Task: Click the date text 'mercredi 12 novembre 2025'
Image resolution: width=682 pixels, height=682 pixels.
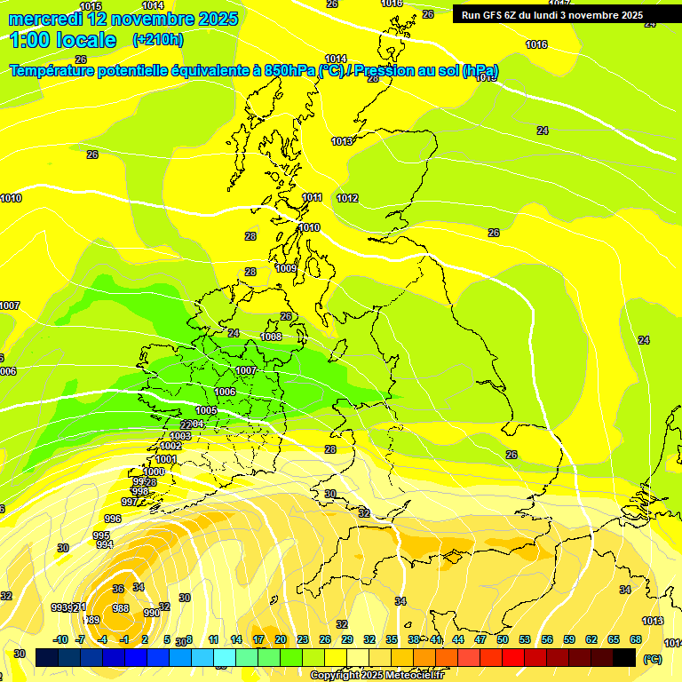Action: pos(123,19)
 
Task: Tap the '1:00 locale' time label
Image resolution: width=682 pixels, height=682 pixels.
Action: pos(63,40)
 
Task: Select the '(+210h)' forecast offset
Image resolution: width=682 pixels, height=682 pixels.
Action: pos(157,40)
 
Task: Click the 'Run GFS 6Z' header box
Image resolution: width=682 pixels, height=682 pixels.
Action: pos(551,15)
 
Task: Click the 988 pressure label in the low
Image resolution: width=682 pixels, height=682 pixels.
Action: pos(121,608)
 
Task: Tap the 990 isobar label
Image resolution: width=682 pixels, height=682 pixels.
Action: pos(152,613)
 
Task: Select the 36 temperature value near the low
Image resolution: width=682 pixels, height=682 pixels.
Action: pos(118,589)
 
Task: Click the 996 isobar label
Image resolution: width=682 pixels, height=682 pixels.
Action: pos(113,519)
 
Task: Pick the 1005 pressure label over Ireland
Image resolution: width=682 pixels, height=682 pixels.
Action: pos(206,410)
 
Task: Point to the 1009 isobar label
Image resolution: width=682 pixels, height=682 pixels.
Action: pos(286,268)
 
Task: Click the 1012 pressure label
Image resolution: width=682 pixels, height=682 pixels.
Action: pos(347,198)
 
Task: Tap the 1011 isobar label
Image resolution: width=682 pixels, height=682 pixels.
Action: pos(312,197)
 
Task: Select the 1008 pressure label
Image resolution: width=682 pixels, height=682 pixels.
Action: pos(271,337)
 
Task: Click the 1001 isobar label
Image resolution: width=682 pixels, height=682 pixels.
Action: pos(165,459)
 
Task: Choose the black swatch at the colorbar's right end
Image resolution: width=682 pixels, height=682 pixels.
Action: pos(624,657)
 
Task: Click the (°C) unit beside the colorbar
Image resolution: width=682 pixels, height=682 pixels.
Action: pos(653,658)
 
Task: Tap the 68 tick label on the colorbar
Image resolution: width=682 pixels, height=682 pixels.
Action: pos(636,639)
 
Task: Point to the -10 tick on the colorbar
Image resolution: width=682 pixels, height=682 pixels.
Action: pos(61,639)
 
